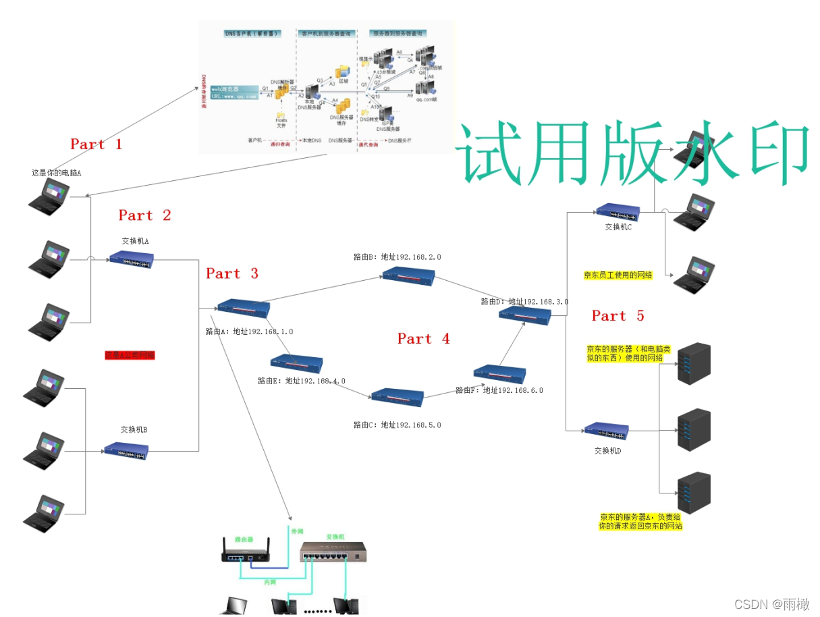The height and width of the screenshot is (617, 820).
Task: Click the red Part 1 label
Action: pyautogui.click(x=96, y=144)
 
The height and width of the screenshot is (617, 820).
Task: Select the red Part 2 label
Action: pyautogui.click(x=144, y=215)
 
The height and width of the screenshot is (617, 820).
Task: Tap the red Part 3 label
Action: pyautogui.click(x=232, y=273)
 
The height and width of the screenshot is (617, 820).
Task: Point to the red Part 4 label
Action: pyautogui.click(x=423, y=339)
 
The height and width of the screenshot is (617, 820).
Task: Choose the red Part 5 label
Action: pyautogui.click(x=618, y=316)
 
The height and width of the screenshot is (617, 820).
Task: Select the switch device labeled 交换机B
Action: pyautogui.click(x=126, y=450)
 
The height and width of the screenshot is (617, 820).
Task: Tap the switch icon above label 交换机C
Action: pyautogui.click(x=618, y=212)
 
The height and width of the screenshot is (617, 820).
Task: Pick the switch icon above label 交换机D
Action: pyautogui.click(x=606, y=431)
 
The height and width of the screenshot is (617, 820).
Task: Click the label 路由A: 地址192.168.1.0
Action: pyautogui.click(x=249, y=331)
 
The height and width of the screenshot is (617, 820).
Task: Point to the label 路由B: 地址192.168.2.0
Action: pyautogui.click(x=397, y=257)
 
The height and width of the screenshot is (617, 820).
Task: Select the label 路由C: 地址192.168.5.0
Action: pyautogui.click(x=397, y=425)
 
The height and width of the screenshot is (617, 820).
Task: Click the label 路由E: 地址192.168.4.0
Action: pyautogui.click(x=301, y=381)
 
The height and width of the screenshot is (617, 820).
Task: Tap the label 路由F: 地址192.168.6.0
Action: pyautogui.click(x=499, y=390)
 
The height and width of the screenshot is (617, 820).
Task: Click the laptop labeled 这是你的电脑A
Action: pyautogui.click(x=49, y=195)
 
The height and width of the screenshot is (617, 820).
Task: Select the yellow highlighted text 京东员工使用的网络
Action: pyautogui.click(x=618, y=275)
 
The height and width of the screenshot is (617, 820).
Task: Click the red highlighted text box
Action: pyautogui.click(x=130, y=355)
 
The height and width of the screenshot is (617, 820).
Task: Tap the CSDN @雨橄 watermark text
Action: pyautogui.click(x=771, y=604)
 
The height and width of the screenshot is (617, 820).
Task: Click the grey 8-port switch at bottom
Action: pyautogui.click(x=332, y=553)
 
